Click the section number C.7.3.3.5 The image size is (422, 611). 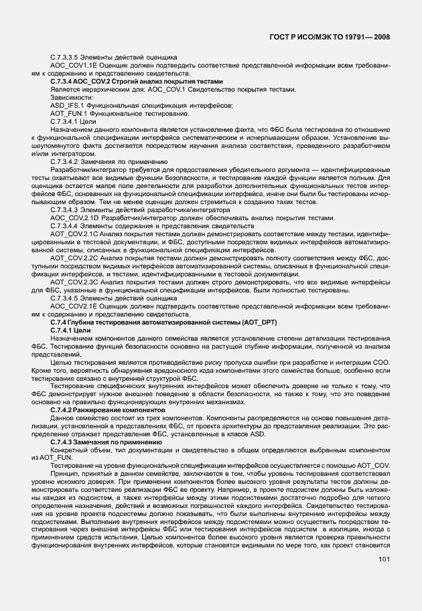[70, 58]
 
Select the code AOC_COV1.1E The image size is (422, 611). [72, 66]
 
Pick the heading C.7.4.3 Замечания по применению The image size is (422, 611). [104, 442]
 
